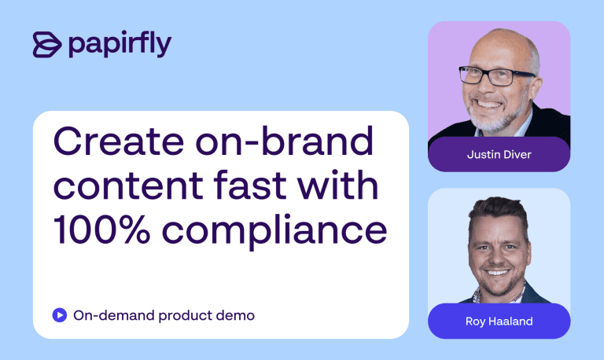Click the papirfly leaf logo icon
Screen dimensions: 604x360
coord(47,45)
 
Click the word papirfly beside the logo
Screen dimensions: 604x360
coord(120,44)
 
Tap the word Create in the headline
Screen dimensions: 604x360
coord(119,141)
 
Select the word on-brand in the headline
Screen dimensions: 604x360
coord(284,140)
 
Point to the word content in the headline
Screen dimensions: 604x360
coord(128,186)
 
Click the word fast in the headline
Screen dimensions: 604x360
coord(251,185)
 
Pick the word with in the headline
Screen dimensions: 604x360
coord(338,185)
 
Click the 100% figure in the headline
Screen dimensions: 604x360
coord(101,230)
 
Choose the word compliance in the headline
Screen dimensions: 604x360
coord(274,231)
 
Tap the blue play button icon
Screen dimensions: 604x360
coord(60,315)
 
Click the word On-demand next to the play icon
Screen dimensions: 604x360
coord(113,315)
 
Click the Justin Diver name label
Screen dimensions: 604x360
coord(499,154)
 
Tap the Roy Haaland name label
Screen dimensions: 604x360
coord(499,321)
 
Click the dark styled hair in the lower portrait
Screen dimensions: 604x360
coord(499,215)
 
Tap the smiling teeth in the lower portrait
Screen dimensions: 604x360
coord(497,273)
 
